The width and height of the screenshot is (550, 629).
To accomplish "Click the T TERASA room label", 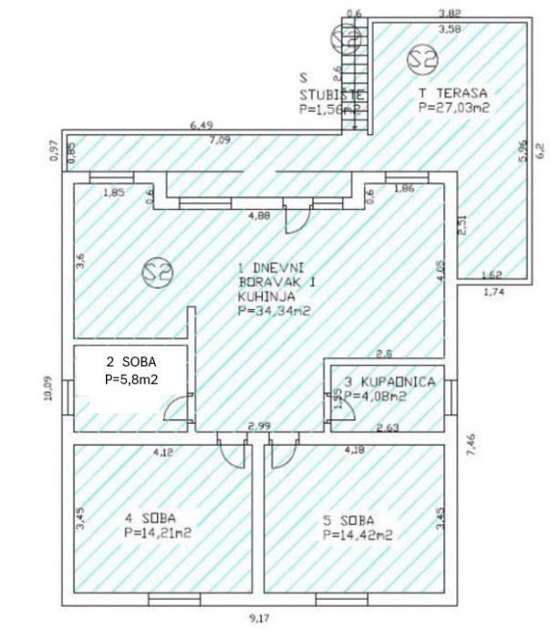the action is pos(453,93).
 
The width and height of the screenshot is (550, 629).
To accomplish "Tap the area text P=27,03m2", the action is pos(454,107).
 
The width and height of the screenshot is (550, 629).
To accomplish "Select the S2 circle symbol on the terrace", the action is pos(422,58).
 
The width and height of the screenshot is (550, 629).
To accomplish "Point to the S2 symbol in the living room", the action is pos(159,271).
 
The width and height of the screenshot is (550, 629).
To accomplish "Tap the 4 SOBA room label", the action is pos(150,519).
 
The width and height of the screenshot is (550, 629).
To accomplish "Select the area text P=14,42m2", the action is pos(357,535).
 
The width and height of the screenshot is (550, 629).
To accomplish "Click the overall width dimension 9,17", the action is pos(260,618).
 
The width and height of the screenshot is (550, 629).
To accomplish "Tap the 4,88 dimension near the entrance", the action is pos(260,217).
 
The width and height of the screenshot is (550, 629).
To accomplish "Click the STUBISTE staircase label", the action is pos(332,94).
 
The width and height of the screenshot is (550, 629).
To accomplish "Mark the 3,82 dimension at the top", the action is pos(448,13).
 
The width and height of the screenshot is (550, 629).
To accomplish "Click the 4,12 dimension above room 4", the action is pos(163,451).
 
